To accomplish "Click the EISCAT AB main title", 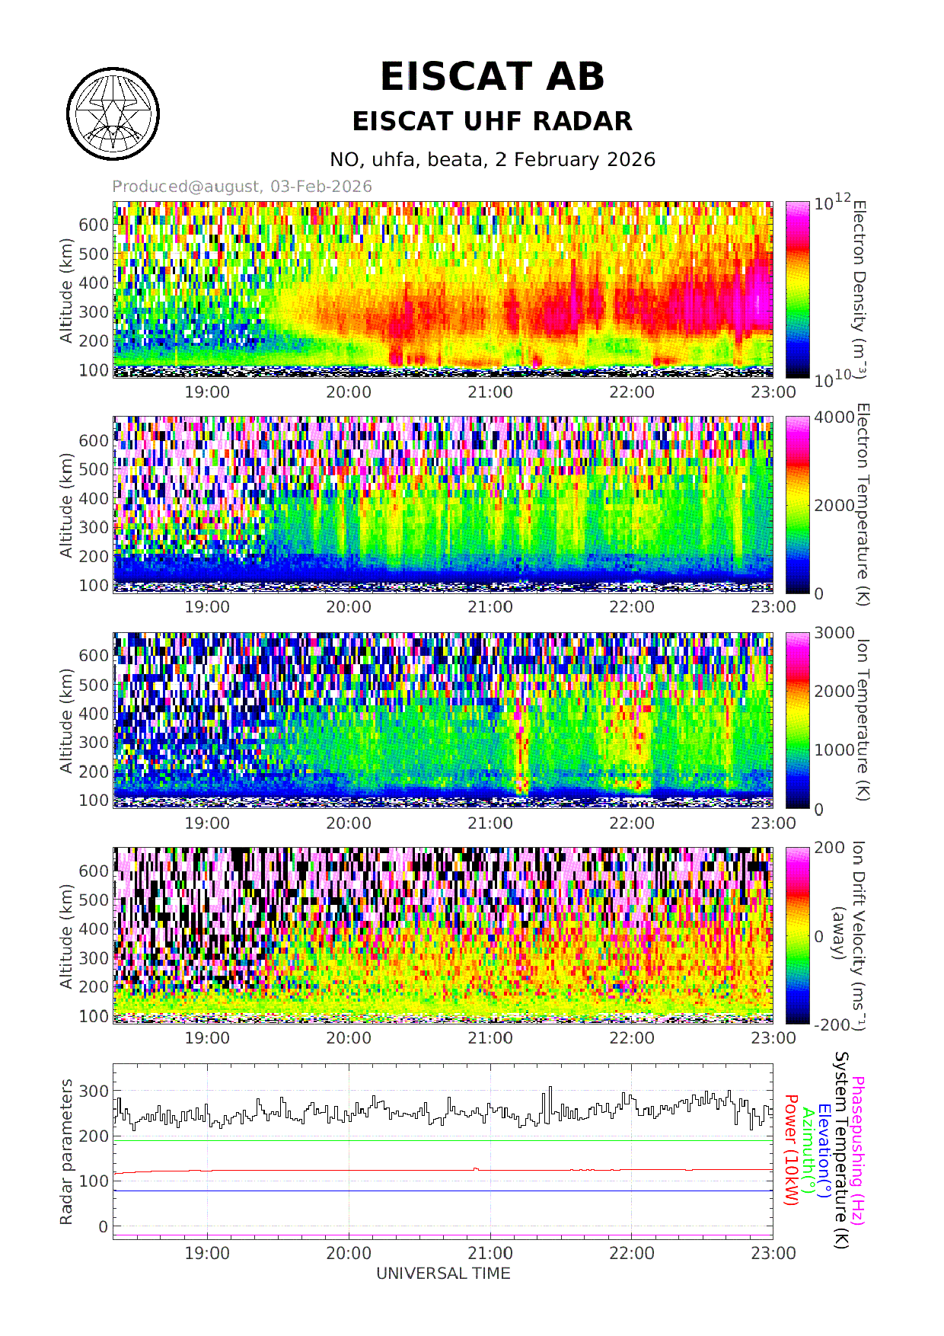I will coord(492,77).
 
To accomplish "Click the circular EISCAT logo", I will coord(113,114).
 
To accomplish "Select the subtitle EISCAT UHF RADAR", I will coord(492,121).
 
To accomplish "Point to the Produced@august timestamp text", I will coord(242,187).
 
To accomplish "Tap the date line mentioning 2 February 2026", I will coord(492,159).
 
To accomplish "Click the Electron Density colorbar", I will coord(798,289).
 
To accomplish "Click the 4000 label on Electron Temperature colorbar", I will coord(834,417).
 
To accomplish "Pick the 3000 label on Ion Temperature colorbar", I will coord(834,633).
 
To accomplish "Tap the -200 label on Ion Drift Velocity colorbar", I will coord(831,1024).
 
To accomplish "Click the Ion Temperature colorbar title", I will coord(862,720).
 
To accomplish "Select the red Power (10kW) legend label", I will coord(791,1150).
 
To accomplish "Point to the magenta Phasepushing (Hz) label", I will coord(858,1150).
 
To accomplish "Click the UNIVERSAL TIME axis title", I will coord(443,1274).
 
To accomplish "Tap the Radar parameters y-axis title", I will coord(67,1152).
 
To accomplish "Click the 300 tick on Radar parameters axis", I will coord(94,1091).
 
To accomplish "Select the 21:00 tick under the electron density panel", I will coord(490,392).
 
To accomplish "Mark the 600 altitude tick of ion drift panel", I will coord(94,871).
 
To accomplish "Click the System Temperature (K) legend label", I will coord(840,1150).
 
